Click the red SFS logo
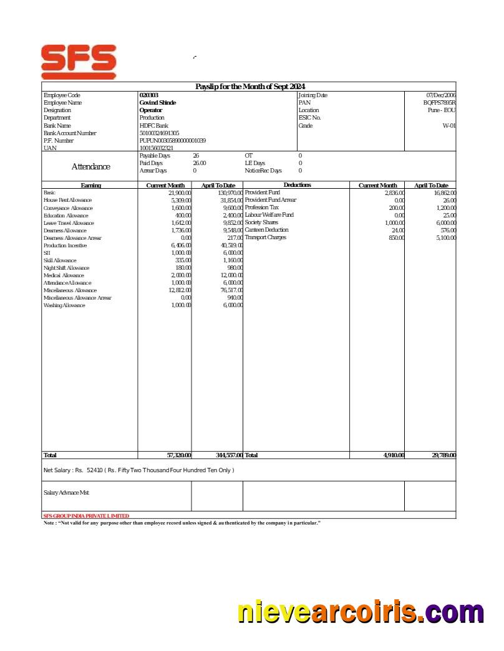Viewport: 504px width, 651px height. (x=79, y=61)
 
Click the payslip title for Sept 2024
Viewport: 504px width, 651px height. (x=250, y=87)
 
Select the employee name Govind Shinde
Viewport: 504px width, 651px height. (x=157, y=103)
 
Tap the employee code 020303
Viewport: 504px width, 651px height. (x=148, y=95)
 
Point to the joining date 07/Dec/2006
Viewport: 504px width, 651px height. (x=440, y=95)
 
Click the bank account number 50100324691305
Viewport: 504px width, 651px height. (x=159, y=133)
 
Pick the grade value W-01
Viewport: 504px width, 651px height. (x=449, y=125)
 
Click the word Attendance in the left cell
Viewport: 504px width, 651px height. (x=90, y=167)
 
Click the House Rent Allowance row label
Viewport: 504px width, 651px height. (x=67, y=201)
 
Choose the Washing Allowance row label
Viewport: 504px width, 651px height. (x=64, y=305)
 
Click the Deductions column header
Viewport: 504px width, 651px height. (x=297, y=185)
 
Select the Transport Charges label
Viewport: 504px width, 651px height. (x=265, y=237)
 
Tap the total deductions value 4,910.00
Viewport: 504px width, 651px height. (x=394, y=455)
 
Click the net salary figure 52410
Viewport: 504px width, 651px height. (x=95, y=470)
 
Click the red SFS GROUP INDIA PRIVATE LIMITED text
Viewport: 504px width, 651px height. (x=86, y=516)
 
